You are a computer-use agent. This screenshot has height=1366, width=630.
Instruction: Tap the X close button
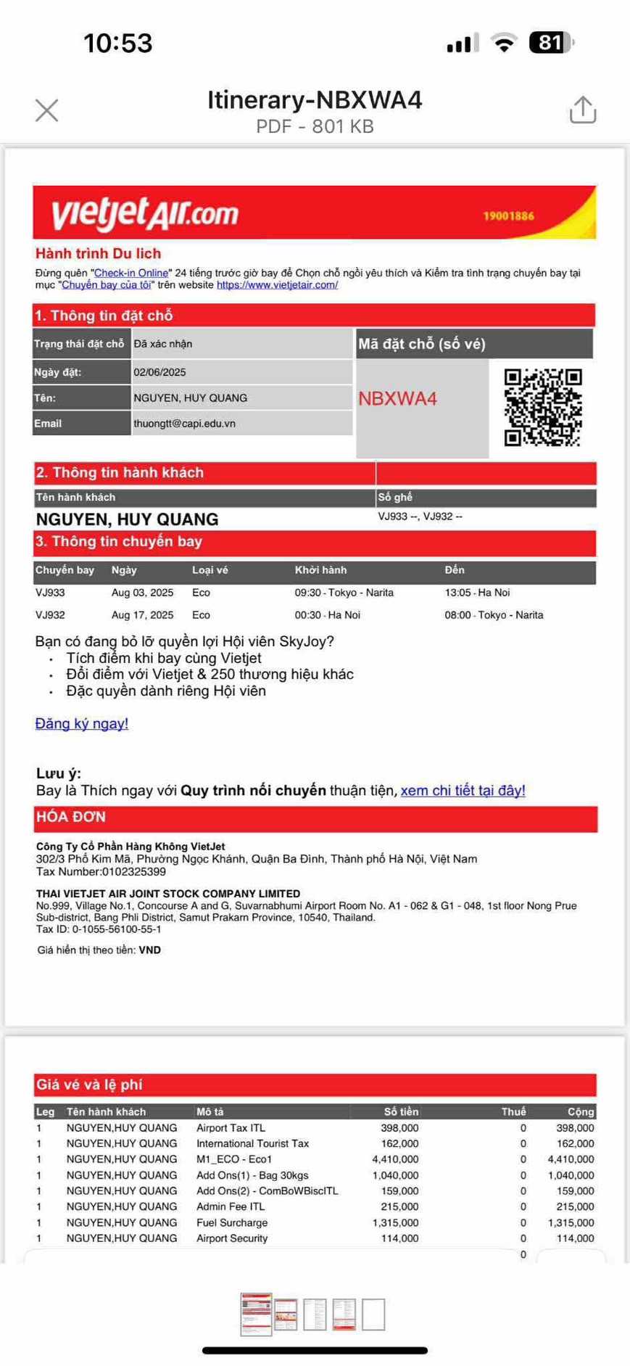click(47, 110)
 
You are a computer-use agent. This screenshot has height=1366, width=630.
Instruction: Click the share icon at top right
click(582, 110)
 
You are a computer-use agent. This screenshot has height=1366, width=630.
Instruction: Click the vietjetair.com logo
click(145, 213)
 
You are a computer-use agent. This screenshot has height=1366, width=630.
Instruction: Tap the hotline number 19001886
click(508, 215)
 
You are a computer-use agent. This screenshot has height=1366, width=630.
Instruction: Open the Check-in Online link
click(131, 273)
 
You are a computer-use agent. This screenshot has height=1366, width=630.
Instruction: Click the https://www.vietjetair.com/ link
click(277, 284)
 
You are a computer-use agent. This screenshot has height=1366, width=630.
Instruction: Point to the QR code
click(543, 407)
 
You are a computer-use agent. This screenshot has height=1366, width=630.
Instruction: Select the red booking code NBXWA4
click(397, 398)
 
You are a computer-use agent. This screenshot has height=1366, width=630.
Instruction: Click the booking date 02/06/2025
click(159, 372)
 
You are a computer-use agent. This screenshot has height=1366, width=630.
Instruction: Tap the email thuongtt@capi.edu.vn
click(184, 423)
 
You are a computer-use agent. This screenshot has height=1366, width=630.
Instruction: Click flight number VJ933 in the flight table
click(50, 592)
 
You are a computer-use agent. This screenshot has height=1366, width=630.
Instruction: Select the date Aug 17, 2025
click(142, 614)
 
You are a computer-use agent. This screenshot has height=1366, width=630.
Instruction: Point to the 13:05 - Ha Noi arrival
click(477, 592)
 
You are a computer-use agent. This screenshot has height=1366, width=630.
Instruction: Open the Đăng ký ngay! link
click(81, 723)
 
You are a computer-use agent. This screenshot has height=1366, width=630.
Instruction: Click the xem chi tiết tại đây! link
click(463, 790)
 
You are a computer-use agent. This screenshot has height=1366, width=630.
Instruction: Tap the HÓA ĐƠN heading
click(71, 817)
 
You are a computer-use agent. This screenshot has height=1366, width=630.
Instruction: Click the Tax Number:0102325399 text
click(101, 871)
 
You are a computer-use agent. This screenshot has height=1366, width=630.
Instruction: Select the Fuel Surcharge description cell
click(232, 1222)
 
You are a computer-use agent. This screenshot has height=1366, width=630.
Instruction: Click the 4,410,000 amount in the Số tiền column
click(395, 1159)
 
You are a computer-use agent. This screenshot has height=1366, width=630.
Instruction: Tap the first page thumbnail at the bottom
click(256, 1313)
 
